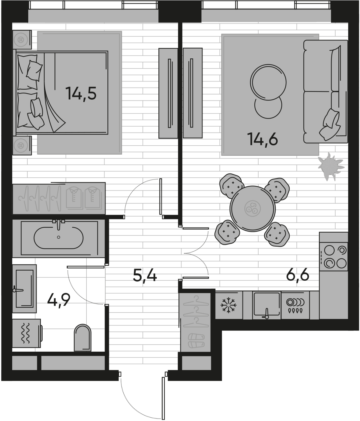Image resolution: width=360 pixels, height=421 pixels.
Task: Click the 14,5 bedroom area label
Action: [x=81, y=93]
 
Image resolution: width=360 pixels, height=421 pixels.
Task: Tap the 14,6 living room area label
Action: [x=262, y=139]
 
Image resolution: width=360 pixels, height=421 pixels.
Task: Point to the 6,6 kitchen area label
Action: [x=297, y=275]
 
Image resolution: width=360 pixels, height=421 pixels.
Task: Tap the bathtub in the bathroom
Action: [x=59, y=238]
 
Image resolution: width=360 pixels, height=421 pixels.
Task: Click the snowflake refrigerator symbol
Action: [x=229, y=305]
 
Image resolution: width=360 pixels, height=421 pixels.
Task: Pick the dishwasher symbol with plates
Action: [x=295, y=305]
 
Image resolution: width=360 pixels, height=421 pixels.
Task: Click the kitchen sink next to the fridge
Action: [x=267, y=305]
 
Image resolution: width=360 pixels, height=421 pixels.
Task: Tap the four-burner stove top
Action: [x=334, y=257]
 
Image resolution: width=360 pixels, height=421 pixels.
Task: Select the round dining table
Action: [x=253, y=209]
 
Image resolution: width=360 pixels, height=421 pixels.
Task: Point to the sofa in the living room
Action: [x=326, y=91]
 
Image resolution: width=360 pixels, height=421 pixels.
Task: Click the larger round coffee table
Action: [x=268, y=82]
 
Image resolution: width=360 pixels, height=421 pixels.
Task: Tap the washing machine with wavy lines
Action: [x=26, y=333]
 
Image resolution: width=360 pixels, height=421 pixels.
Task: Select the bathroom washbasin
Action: [x=24, y=289]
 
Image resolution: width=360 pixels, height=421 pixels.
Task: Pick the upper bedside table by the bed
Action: [x=22, y=40]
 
